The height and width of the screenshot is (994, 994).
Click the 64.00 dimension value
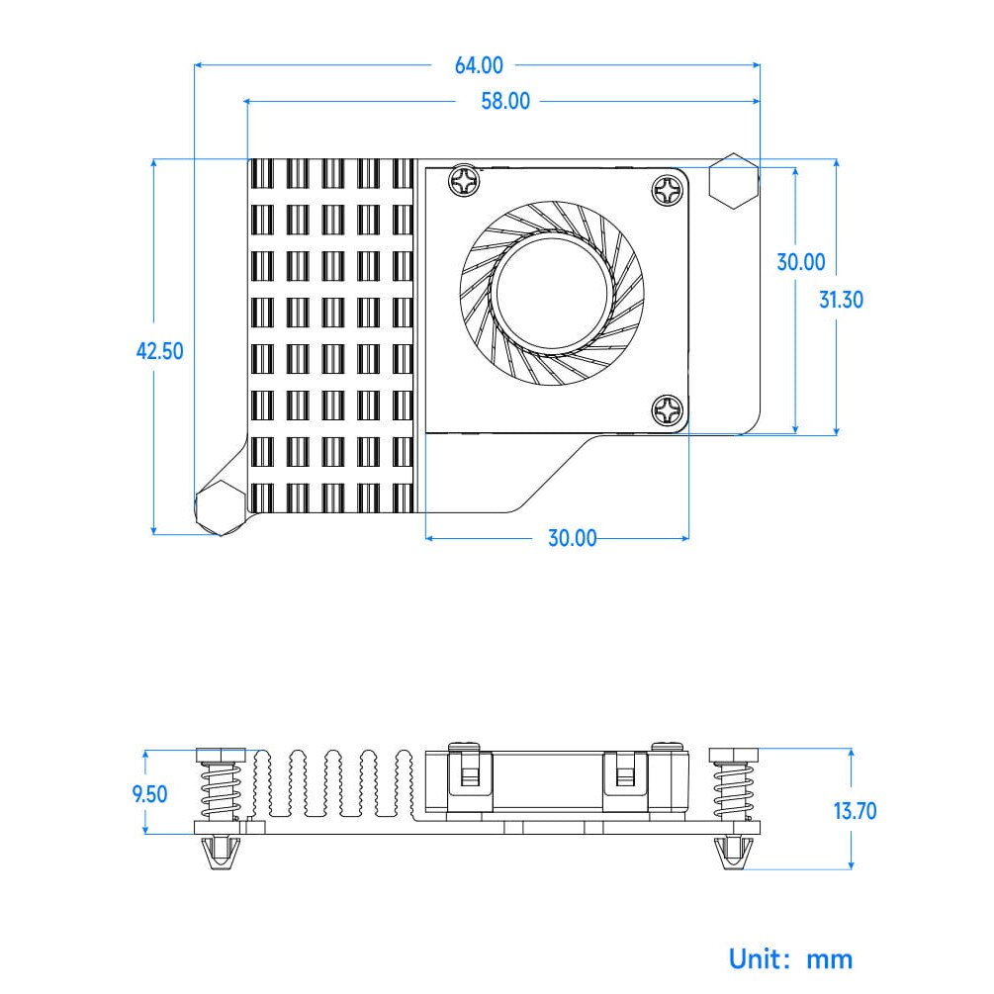pos(479,66)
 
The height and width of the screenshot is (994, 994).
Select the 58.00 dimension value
pos(505,101)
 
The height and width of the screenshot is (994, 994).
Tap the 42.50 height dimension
pos(159,351)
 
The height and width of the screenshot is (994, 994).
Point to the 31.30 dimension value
pos(841,299)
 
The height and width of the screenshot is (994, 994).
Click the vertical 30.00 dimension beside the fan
pos(800,262)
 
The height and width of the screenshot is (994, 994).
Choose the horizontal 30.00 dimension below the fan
pos(573,538)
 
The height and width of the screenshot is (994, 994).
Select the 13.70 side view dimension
pos(855,812)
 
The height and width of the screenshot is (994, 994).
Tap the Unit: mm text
pos(790,957)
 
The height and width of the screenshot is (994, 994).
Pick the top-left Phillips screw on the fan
pos(464,181)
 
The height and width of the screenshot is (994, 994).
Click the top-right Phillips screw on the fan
pos(669,189)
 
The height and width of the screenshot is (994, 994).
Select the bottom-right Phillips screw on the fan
pos(669,409)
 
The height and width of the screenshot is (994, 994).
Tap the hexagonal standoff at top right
pos(735,181)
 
